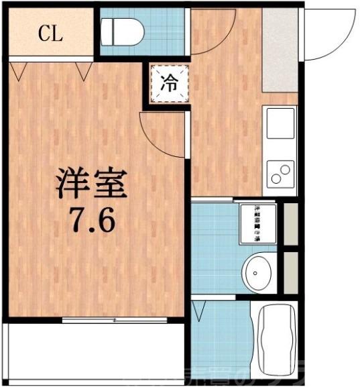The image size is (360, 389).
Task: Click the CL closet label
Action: click(x=50, y=34)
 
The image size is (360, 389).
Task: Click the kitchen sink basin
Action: click(x=281, y=124)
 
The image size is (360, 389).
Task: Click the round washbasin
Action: click(x=257, y=272)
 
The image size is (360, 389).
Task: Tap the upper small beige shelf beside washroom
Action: click(x=290, y=221)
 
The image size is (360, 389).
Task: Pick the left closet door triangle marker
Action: click(x=19, y=68)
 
